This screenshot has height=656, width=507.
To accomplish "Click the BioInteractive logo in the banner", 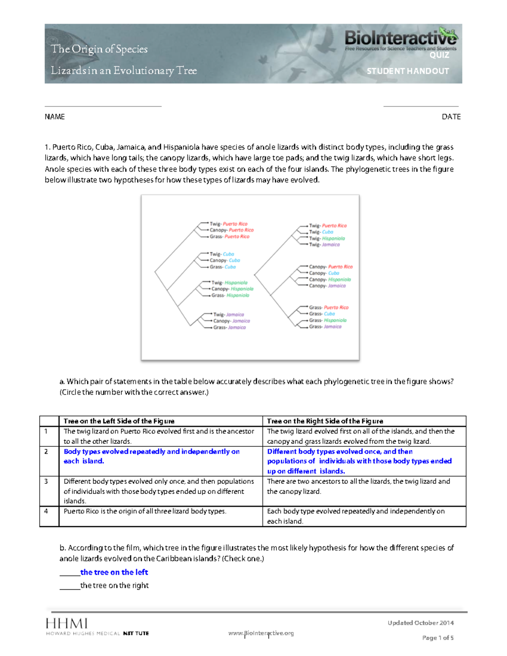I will click(400, 38).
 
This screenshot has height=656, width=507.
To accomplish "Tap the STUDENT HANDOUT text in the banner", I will click(408, 71).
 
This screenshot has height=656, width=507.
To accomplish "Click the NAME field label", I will click(55, 117).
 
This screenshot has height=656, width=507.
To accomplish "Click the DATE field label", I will click(451, 117).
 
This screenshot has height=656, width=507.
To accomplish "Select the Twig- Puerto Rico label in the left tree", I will click(229, 224).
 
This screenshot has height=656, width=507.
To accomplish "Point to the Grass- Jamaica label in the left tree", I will click(229, 327).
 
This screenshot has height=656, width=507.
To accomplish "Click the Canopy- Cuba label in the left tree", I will click(225, 261).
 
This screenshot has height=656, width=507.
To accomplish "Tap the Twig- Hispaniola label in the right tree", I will click(327, 238).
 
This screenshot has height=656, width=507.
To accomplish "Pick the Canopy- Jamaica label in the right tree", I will click(327, 286).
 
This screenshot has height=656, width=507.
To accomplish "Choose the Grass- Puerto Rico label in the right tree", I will click(329, 308).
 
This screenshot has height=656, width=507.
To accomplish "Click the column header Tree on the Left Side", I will click(119, 421).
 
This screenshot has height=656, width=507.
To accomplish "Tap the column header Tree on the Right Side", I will click(325, 421).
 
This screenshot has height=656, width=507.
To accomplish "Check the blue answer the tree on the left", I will click(114, 572).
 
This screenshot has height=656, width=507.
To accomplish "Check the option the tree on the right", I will click(114, 585).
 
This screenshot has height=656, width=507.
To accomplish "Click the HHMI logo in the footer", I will click(67, 624).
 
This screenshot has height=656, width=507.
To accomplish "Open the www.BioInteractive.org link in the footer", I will click(261, 633).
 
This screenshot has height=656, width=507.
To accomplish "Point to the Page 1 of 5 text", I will click(438, 638).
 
